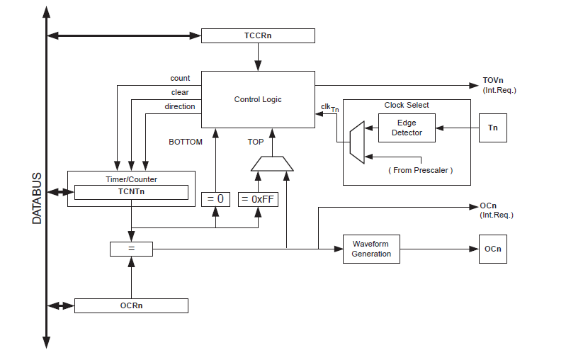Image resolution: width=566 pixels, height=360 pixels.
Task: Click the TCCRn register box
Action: tap(258, 35)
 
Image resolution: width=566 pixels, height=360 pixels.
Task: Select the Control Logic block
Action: tap(258, 99)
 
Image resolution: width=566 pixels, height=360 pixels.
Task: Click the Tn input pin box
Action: tap(492, 128)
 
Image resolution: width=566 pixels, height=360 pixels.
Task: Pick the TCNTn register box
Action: tap(131, 192)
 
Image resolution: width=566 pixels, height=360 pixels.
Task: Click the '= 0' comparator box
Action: tap(216, 199)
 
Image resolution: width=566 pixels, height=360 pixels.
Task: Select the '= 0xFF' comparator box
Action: tap(258, 199)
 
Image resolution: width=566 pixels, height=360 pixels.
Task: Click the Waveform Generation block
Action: tap(371, 249)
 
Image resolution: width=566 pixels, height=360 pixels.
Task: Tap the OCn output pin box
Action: tap(492, 249)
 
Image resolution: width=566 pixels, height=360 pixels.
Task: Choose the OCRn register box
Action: tap(131, 305)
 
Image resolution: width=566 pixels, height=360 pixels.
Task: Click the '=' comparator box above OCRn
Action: tap(131, 249)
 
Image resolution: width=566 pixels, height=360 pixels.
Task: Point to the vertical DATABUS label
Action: tap(38, 198)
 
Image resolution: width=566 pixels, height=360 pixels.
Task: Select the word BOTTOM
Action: tap(185, 142)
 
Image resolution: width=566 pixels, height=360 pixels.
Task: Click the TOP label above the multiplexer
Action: tap(255, 142)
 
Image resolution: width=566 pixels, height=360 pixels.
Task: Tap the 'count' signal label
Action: tap(180, 78)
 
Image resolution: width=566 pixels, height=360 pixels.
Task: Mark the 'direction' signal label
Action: tap(180, 106)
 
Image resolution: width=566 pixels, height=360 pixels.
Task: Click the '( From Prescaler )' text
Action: tap(420, 170)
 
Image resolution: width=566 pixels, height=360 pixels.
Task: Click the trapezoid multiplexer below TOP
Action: tap(272, 164)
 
